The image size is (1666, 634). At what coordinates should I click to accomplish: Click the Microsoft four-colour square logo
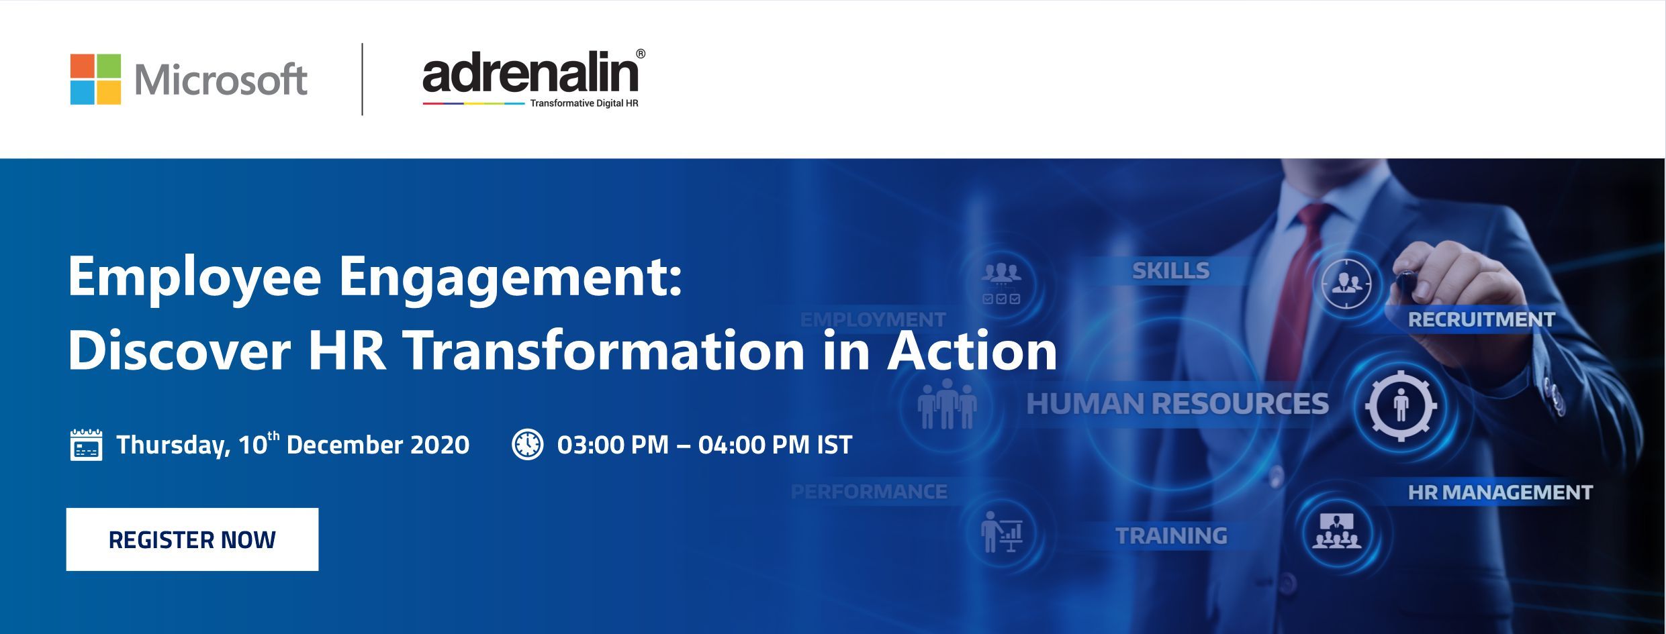(95, 79)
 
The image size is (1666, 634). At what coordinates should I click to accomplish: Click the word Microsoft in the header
(221, 80)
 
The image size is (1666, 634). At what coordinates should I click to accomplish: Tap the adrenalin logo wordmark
(530, 74)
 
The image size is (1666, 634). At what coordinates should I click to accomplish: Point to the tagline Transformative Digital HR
(584, 104)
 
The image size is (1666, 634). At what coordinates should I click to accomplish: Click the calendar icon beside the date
(86, 445)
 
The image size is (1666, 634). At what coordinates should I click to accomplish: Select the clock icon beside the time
(528, 444)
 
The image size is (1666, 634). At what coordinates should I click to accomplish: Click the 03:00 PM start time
(613, 445)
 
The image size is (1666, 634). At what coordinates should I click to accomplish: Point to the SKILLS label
(1170, 270)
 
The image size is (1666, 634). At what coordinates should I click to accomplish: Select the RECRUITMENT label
(1481, 319)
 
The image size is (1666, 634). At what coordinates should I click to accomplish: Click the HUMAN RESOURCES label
(1178, 404)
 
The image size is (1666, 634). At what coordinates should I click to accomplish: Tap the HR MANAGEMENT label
(1500, 493)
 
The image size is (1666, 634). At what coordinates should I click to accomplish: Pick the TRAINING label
(1171, 536)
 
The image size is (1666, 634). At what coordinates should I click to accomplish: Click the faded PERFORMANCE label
(869, 492)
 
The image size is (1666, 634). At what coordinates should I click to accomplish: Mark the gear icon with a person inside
(1401, 405)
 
